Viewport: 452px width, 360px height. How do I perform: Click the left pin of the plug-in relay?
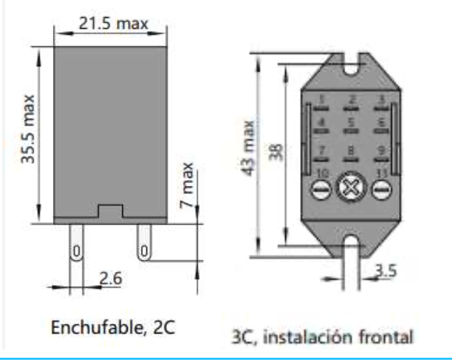pos(76,248)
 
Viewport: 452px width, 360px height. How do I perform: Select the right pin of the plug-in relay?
pos(143,248)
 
